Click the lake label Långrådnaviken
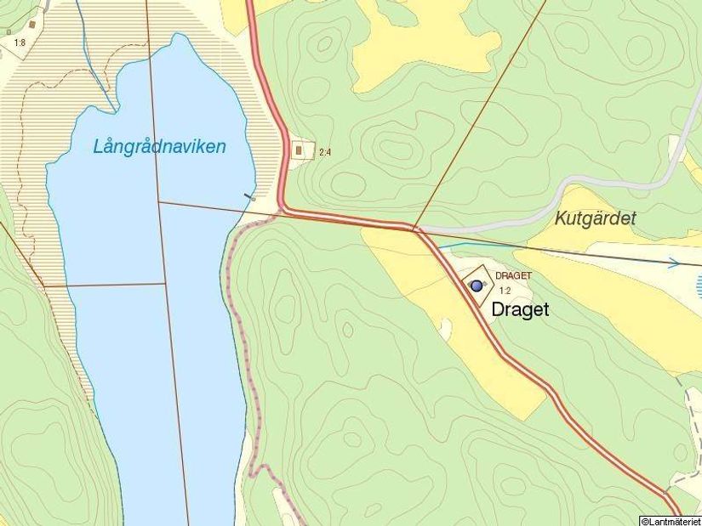(x=159, y=147)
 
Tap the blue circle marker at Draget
(x=477, y=286)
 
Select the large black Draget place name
(x=520, y=310)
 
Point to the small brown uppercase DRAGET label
(x=513, y=276)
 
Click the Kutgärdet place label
(x=595, y=218)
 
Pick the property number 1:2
(x=505, y=291)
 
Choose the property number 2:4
(x=324, y=153)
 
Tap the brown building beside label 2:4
(x=299, y=151)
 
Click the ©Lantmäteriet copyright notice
(x=670, y=520)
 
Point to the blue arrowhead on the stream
(x=674, y=263)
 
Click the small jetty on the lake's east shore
(x=249, y=197)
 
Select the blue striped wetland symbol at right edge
(x=699, y=284)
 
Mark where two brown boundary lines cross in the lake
(x=158, y=201)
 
